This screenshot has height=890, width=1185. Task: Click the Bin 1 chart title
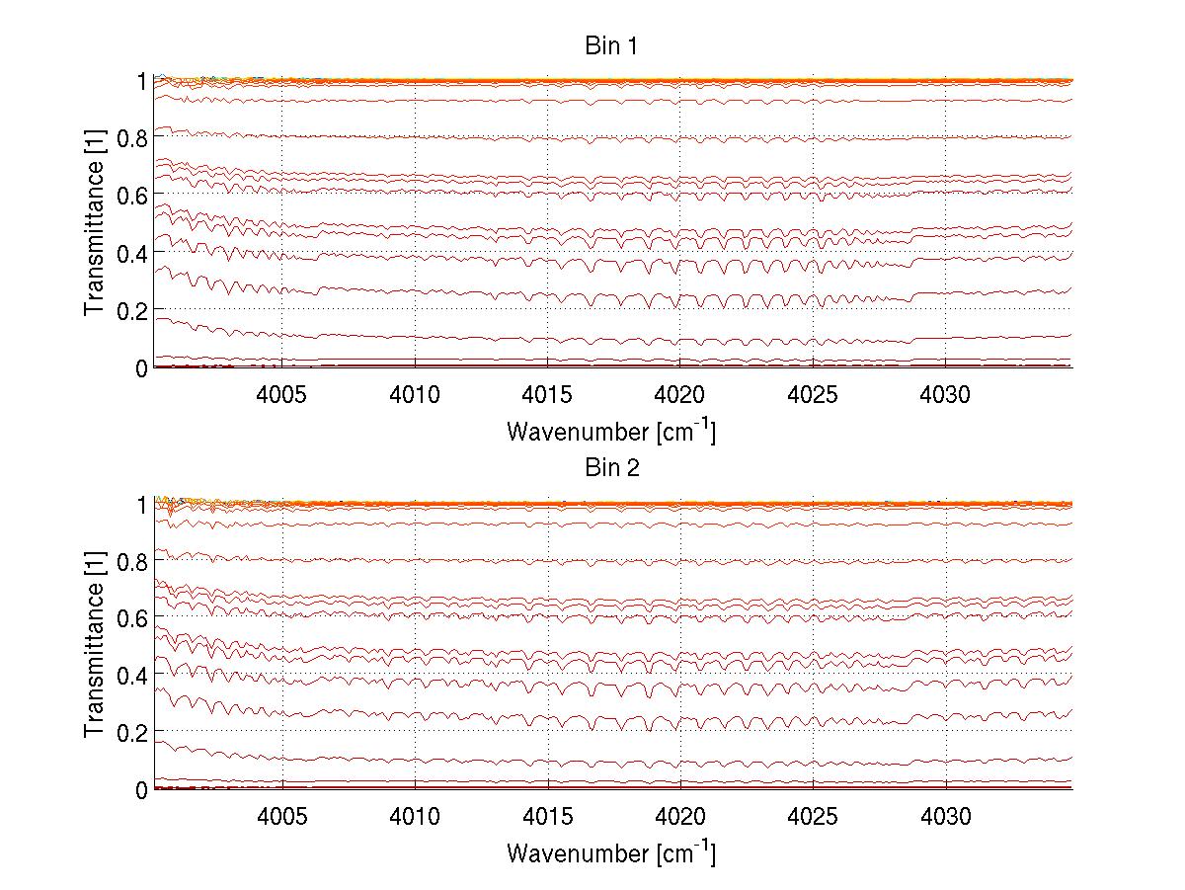pyautogui.click(x=612, y=46)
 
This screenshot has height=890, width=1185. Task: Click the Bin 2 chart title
pyautogui.click(x=612, y=468)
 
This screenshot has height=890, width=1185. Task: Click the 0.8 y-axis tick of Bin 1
pyautogui.click(x=132, y=138)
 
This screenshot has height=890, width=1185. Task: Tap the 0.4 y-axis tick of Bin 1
pyautogui.click(x=132, y=253)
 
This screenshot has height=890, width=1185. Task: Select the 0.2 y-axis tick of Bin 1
pyautogui.click(x=132, y=310)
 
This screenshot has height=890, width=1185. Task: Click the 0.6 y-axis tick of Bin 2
pyautogui.click(x=132, y=617)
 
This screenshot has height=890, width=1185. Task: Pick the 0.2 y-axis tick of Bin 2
pyautogui.click(x=132, y=732)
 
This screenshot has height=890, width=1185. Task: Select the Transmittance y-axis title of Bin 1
pyautogui.click(x=95, y=224)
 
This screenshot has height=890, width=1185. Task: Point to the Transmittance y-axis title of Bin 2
pyautogui.click(x=95, y=647)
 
